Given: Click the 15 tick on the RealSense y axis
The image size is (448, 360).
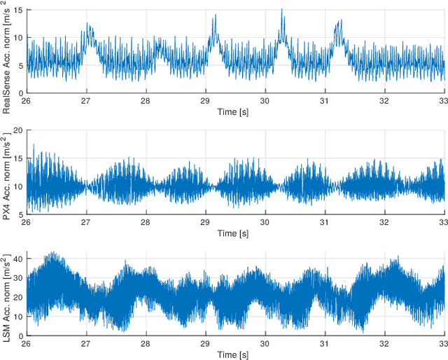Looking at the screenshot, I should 18,11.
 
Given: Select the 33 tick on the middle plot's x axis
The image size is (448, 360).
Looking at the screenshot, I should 443,223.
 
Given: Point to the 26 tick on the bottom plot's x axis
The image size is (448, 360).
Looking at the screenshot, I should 26,344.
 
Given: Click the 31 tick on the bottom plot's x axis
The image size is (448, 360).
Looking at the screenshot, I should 325,344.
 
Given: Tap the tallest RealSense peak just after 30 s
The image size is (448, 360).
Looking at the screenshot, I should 281,10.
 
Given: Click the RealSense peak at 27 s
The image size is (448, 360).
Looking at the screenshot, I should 88,24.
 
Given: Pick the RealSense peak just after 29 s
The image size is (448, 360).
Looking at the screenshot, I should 215,16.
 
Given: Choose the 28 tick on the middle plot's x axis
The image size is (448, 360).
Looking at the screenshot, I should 146,223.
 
